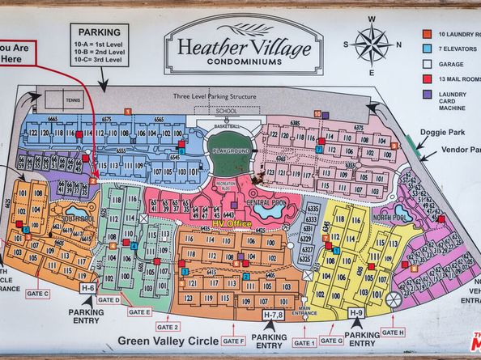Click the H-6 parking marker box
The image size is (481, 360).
(x=87, y=287)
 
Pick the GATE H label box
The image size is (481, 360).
(x=393, y=332)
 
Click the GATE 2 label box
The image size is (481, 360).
(x=167, y=326)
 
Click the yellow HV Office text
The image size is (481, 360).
(x=233, y=223)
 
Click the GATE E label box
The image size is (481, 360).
(x=140, y=311)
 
